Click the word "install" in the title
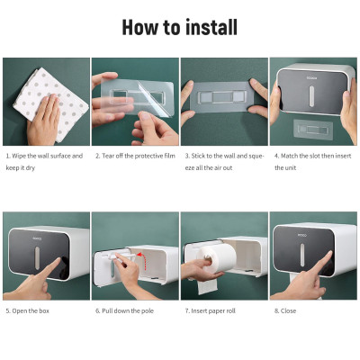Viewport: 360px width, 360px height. pyautogui.click(x=211, y=27)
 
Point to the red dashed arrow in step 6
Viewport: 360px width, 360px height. pyautogui.click(x=142, y=260)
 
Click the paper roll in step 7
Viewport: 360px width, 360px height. pyautogui.click(x=220, y=258)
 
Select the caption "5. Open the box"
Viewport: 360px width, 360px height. pyautogui.click(x=27, y=310)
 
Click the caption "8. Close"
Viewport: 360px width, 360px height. pyautogui.click(x=285, y=310)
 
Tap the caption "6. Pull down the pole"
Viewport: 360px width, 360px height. pyautogui.click(x=125, y=310)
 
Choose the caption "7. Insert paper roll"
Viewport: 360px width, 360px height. pyautogui.click(x=210, y=310)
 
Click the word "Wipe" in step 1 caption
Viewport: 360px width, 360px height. pyautogui.click(x=19, y=156)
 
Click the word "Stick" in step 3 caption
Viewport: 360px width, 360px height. pyautogui.click(x=198, y=156)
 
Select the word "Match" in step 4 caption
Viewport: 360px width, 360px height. pyautogui.click(x=289, y=156)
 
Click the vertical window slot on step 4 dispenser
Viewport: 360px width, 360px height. pyautogui.click(x=311, y=96)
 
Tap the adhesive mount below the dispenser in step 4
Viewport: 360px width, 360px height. pyautogui.click(x=313, y=130)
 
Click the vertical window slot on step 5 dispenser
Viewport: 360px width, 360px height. pyautogui.click(x=37, y=258)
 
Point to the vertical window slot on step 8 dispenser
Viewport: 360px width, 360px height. pyautogui.click(x=302, y=255)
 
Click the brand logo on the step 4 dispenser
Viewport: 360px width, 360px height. pyautogui.click(x=311, y=78)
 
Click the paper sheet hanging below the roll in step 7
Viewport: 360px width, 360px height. pyautogui.click(x=207, y=285)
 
